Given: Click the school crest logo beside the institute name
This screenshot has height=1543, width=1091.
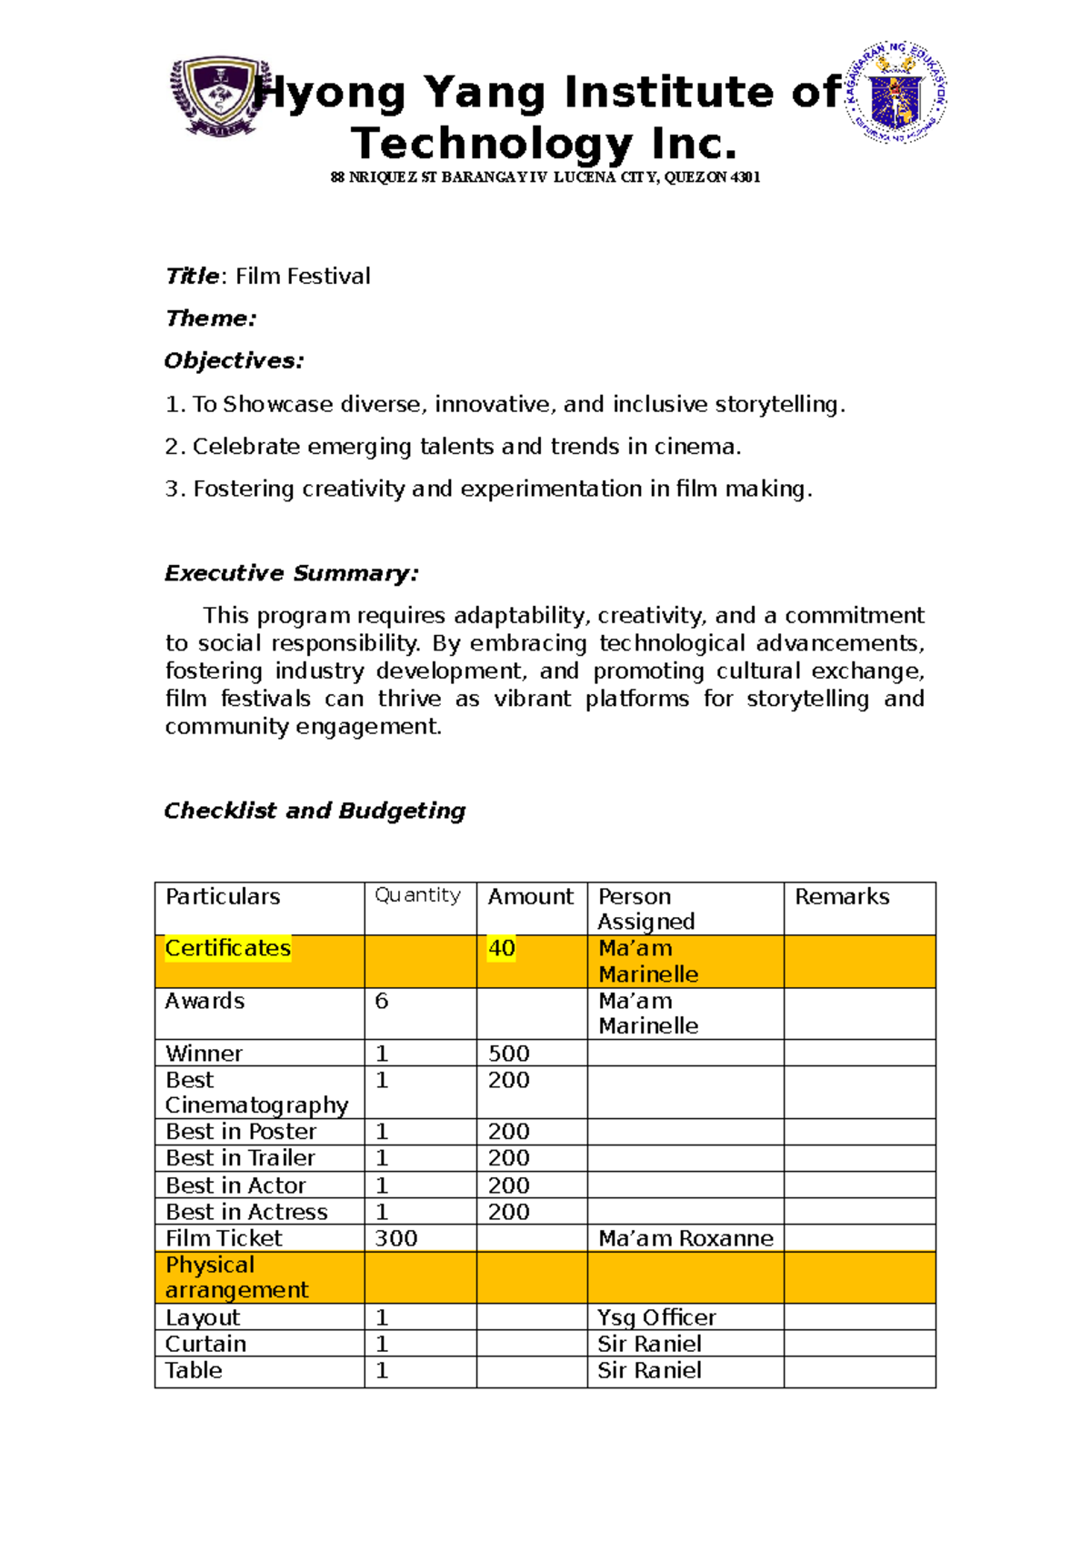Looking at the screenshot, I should pos(220,96).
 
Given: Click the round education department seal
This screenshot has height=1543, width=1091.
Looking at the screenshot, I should pos(896,93).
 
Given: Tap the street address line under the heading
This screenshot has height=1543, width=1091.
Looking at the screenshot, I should pos(545,177).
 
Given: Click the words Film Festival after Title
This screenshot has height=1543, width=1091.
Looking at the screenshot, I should pos(303,277).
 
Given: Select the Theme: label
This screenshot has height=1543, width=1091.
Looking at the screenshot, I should pos(211,318).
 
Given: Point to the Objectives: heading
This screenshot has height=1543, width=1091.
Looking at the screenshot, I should pos(234,361).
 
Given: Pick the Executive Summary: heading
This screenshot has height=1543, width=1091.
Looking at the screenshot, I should pos(291,573).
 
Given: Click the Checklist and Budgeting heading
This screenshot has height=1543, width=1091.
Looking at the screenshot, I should pos(315,811).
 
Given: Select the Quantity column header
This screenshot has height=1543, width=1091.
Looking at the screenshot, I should pos(417,895).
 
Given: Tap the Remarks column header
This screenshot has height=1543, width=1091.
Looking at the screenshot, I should pos(842,897).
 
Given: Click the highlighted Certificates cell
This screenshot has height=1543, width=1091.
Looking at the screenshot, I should pos(227,949).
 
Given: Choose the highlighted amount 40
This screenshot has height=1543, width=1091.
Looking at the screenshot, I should pos(502,949).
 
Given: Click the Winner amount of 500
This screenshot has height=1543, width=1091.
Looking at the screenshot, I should pos(508,1054).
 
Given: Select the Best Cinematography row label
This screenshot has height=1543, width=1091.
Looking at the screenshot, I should pos(255,1093).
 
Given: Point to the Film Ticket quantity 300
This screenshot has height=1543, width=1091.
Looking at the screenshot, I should pos(395,1238).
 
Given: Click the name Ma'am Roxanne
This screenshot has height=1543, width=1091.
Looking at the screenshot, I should pos(686,1238).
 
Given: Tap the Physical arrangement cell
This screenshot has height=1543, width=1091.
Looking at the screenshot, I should pos(235,1277).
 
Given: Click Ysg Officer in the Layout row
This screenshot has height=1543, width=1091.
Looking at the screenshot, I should pos(656,1317).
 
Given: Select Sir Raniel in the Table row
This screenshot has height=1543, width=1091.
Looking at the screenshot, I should pos(649,1371).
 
